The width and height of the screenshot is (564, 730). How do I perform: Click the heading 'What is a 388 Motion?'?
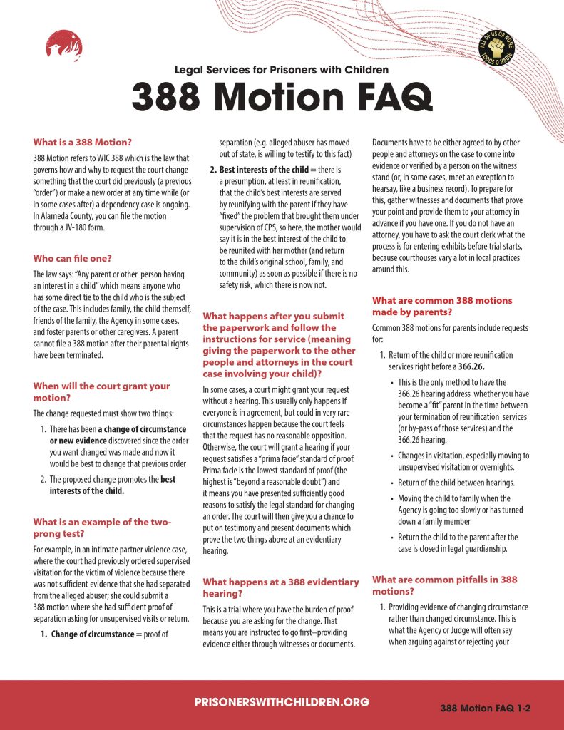[x=83, y=142]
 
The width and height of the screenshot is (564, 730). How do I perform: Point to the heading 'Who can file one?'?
[x=72, y=258]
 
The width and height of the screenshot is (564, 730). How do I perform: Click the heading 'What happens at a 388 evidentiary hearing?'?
[x=281, y=588]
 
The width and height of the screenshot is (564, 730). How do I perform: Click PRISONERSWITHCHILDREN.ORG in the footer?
[x=282, y=702]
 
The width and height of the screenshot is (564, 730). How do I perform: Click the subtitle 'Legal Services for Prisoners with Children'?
[x=282, y=70]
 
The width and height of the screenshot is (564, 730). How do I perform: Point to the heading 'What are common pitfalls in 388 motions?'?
[x=444, y=585]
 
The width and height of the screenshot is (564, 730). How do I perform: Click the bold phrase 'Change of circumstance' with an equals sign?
[x=92, y=634]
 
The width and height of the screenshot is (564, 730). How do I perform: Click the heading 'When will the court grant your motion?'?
[x=101, y=391]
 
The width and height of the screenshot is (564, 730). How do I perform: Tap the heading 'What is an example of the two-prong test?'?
[x=102, y=528]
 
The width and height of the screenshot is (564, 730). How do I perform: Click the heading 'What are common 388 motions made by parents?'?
[x=442, y=307]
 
